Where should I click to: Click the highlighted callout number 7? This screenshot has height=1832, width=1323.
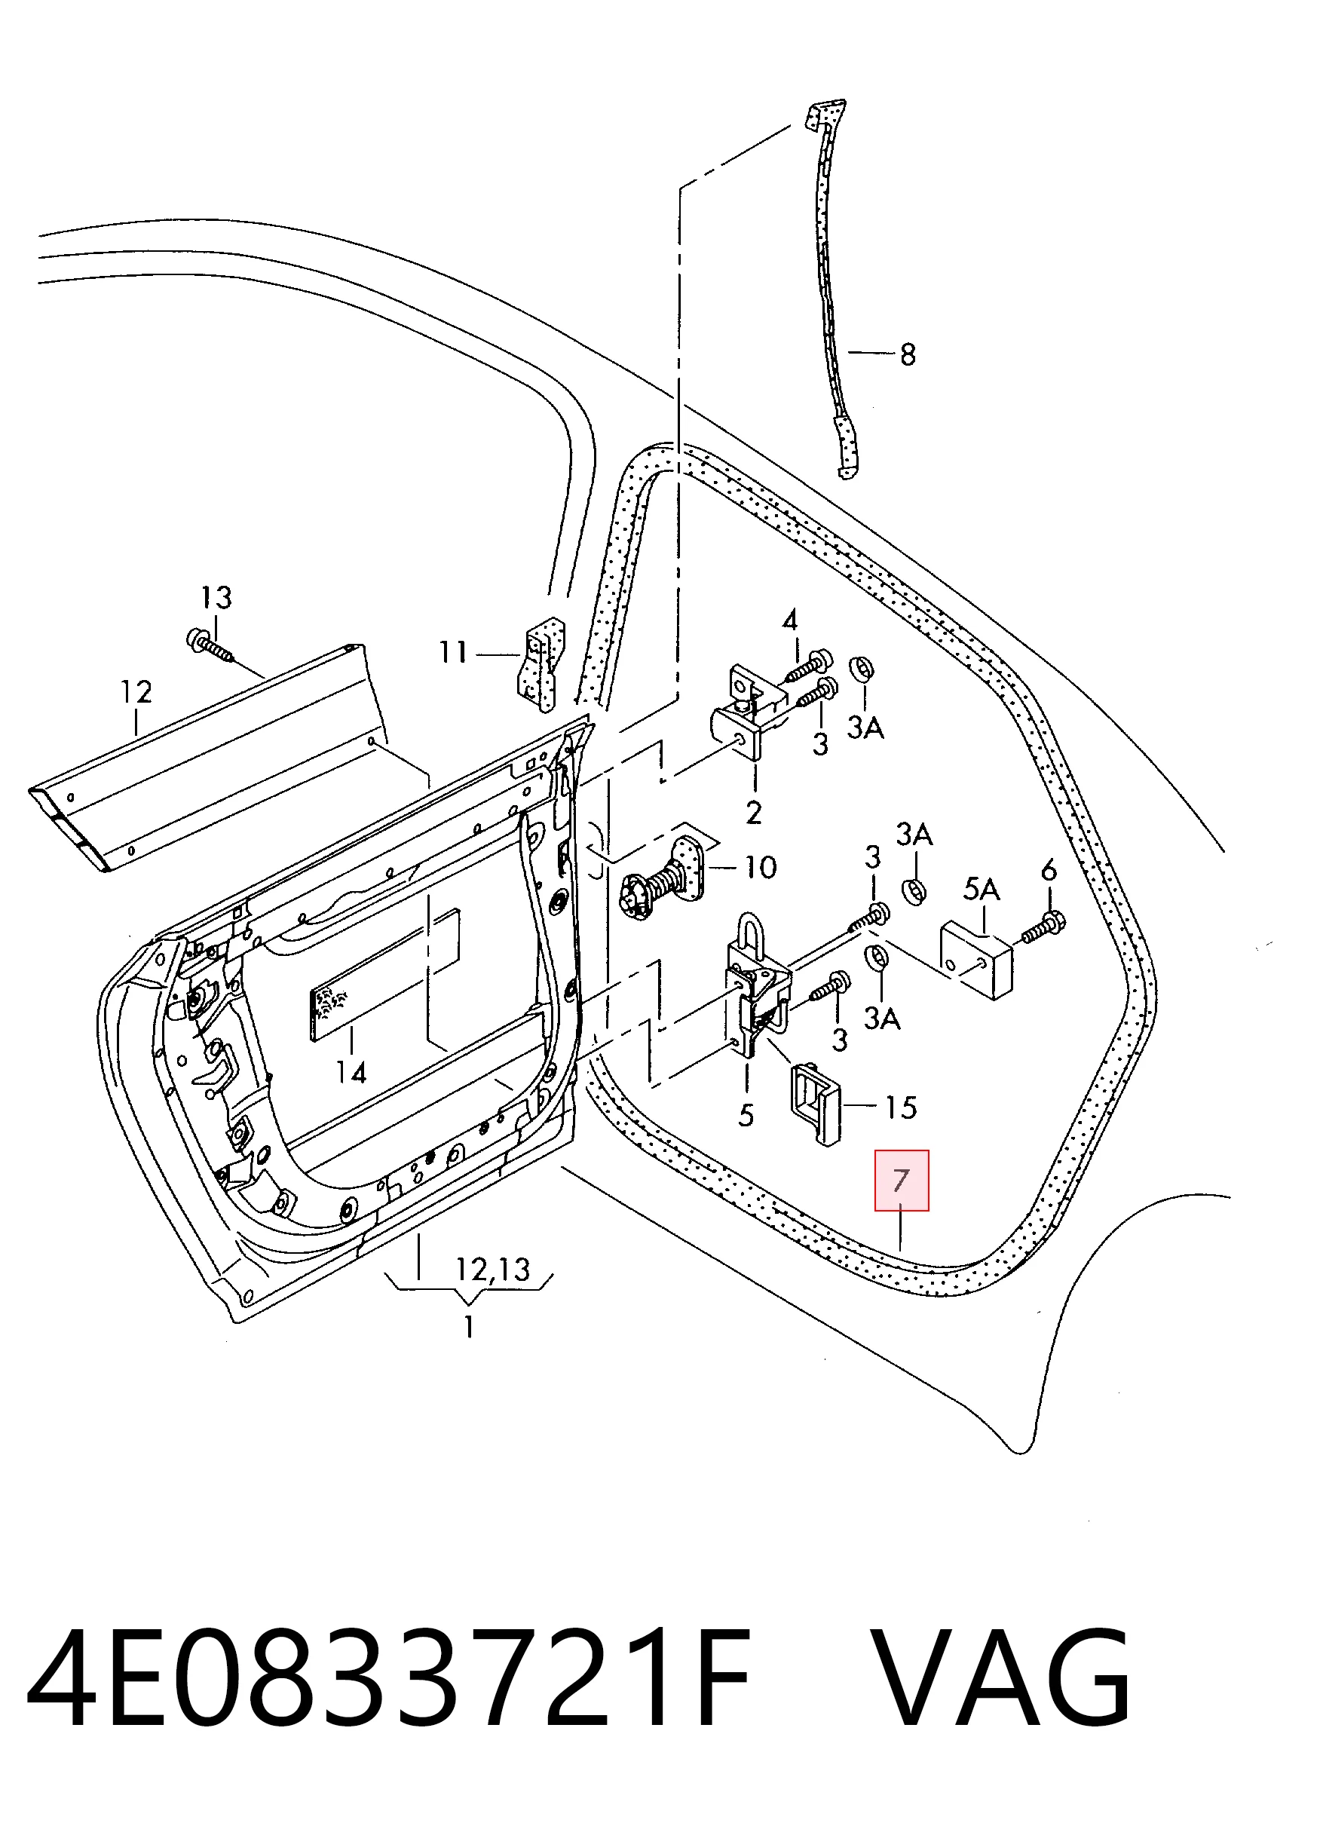[x=902, y=1180]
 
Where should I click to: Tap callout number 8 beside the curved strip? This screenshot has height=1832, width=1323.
[x=908, y=354]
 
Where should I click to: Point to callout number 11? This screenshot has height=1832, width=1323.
[x=453, y=652]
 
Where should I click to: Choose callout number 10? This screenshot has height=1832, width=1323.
[x=759, y=868]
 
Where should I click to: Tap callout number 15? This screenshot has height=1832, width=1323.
[x=901, y=1107]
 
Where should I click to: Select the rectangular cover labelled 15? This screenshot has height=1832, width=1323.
[x=815, y=1102]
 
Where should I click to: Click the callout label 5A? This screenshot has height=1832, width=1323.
[x=982, y=890]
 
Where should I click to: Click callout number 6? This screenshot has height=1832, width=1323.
[x=1049, y=870]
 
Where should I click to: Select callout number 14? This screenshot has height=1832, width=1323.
[x=351, y=1072]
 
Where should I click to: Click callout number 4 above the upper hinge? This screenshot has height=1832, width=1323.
[x=790, y=620]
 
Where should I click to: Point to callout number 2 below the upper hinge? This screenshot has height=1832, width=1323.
[x=754, y=812]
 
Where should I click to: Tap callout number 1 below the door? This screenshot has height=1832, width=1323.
[x=469, y=1326]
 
